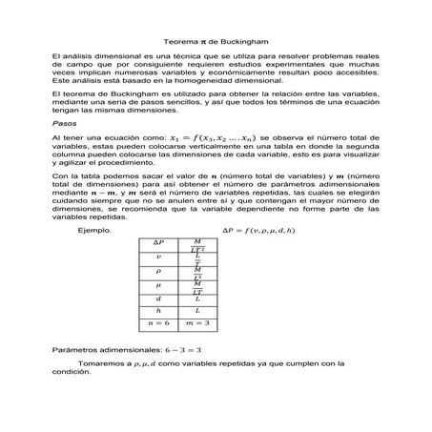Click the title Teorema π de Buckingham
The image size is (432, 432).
(x=215, y=42)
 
